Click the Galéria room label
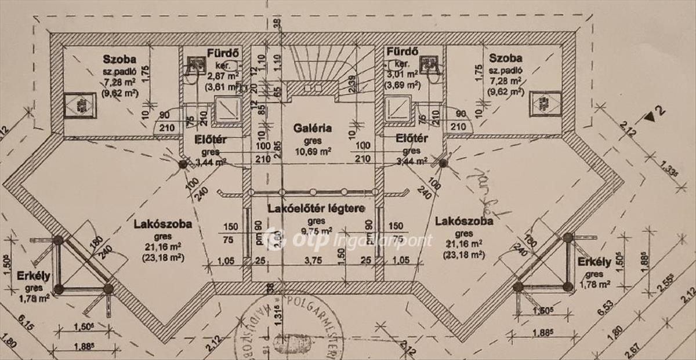pyautogui.click(x=312, y=128)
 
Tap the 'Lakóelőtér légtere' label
pyautogui.click(x=316, y=208)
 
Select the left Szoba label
pyautogui.click(x=119, y=59)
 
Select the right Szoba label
pyautogui.click(x=506, y=58)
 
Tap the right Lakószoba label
pyautogui.click(x=463, y=221)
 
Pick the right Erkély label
pyautogui.click(x=594, y=262)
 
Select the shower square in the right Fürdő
pyautogui.click(x=397, y=108)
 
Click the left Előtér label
pyautogui.click(x=209, y=139)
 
